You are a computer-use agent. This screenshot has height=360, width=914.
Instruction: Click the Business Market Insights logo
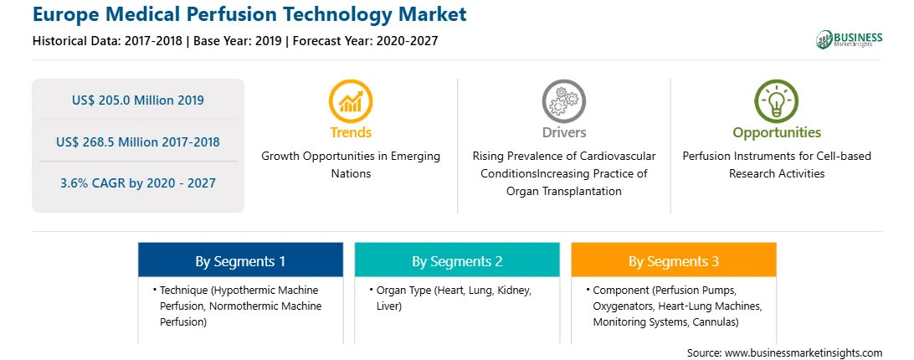click(849, 39)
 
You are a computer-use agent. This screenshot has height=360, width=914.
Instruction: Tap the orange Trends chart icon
click(351, 101)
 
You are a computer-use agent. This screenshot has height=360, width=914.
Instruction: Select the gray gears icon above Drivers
click(563, 101)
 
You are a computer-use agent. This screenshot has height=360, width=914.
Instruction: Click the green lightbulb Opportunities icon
click(777, 101)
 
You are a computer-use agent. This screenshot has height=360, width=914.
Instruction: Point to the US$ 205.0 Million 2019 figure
click(138, 100)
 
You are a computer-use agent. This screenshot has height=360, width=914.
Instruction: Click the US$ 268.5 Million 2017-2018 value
click(138, 141)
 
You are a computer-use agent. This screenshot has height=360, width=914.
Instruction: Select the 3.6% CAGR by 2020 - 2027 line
click(138, 183)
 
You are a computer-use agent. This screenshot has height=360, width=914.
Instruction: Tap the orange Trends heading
click(351, 132)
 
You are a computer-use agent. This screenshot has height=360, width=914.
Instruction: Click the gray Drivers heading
click(563, 132)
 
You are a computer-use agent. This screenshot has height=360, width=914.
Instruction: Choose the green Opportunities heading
click(777, 132)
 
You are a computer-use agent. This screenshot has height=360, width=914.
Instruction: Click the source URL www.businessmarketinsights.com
click(804, 352)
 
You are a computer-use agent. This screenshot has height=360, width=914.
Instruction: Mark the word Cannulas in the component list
click(716, 321)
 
